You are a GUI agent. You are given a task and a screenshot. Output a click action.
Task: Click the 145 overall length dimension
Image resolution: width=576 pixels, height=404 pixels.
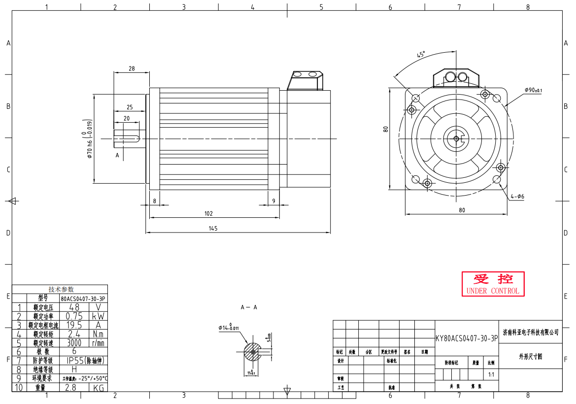[213, 228]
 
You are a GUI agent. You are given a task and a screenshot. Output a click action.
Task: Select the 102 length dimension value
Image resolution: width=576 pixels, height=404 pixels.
[208, 213]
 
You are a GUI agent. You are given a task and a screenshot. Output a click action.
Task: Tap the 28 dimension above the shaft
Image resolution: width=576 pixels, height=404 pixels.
[132, 68]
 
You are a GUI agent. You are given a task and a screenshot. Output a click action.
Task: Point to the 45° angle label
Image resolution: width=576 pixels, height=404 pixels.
[421, 54]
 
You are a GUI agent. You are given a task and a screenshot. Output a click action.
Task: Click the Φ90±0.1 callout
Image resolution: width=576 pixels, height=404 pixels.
[533, 90]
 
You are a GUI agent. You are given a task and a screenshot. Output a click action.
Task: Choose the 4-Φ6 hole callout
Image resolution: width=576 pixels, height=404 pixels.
[517, 196]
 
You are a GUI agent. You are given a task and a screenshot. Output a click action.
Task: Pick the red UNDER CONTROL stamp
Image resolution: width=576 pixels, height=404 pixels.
[493, 284]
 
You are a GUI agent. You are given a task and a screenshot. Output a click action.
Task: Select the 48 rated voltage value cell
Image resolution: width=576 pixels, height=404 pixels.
[74, 307]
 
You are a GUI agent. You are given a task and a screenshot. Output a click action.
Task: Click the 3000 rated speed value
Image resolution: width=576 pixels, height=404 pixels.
[74, 343]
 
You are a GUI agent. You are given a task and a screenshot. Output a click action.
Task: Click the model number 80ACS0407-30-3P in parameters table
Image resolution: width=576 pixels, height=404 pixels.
[83, 299]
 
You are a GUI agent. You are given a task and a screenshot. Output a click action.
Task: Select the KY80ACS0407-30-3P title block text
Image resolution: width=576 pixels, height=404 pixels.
[467, 339]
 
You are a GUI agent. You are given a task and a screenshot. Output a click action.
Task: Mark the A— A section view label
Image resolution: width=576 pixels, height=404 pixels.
[249, 307]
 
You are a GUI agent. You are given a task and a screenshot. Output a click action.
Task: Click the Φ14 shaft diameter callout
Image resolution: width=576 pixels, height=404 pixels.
[229, 327]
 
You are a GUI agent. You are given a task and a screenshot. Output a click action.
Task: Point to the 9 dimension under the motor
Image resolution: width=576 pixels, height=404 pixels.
[274, 201]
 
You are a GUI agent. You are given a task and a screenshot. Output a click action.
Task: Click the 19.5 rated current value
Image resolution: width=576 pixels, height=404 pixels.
[74, 325]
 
